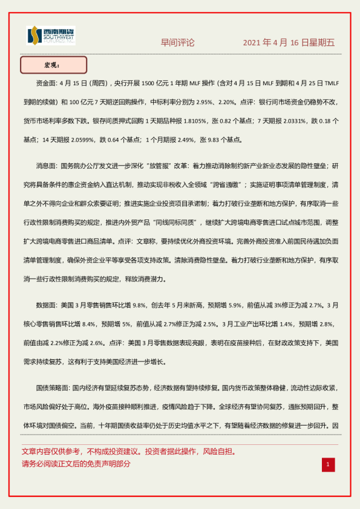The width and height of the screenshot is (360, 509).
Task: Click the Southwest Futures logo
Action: (x=51, y=36)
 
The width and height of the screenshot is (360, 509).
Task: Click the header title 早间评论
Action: (x=177, y=42)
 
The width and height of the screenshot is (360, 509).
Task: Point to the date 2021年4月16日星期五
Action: (x=289, y=42)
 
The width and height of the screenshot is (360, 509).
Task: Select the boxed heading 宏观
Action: (x=53, y=65)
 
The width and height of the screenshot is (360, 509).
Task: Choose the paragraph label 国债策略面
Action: (x=53, y=386)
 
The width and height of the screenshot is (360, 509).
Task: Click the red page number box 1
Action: (x=327, y=464)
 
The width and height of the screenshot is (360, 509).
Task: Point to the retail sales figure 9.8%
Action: (x=139, y=304)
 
